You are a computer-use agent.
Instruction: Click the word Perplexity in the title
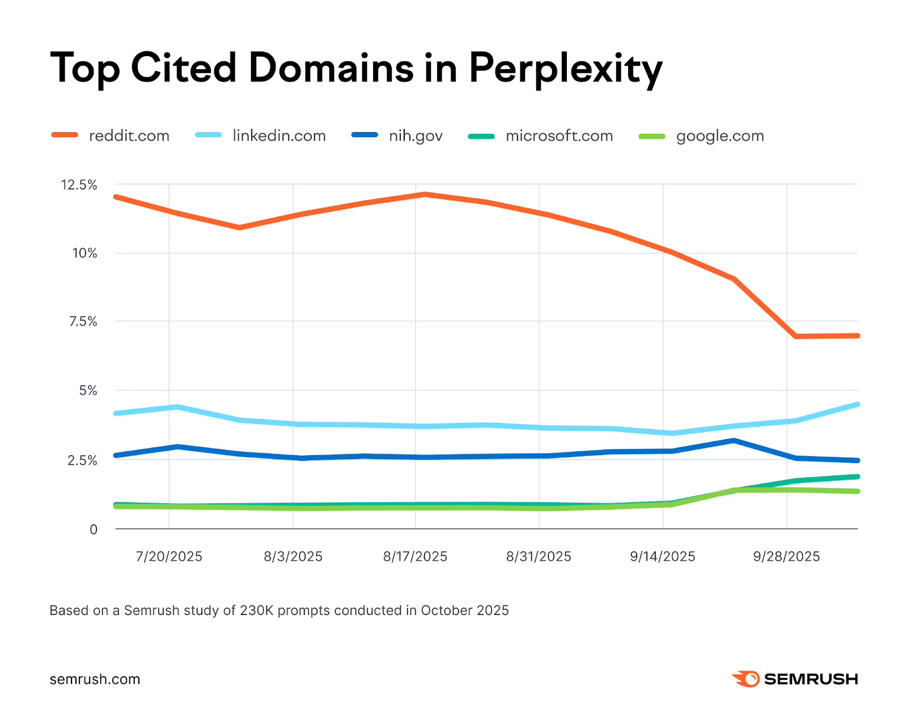pyautogui.click(x=565, y=69)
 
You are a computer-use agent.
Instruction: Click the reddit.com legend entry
pyautogui.click(x=129, y=136)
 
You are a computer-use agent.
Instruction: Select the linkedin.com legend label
pyautogui.click(x=279, y=136)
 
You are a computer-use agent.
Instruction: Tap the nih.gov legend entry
pyautogui.click(x=415, y=136)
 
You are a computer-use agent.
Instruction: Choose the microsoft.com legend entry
pyautogui.click(x=559, y=136)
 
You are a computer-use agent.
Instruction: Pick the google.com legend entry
pyautogui.click(x=719, y=136)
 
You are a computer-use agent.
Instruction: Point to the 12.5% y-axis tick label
pyautogui.click(x=79, y=185)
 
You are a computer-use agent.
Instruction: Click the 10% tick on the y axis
pyautogui.click(x=84, y=253)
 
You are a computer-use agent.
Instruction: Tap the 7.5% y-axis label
pyautogui.click(x=83, y=322)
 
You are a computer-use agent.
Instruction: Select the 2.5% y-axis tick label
pyautogui.click(x=83, y=460)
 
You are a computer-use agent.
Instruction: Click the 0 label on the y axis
pyautogui.click(x=94, y=529)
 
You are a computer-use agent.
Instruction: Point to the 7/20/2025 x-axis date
pyautogui.click(x=169, y=557)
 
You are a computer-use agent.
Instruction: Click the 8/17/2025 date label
pyautogui.click(x=415, y=557)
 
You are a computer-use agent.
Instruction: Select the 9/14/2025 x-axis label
pyautogui.click(x=662, y=557)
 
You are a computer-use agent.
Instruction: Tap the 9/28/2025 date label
pyautogui.click(x=786, y=557)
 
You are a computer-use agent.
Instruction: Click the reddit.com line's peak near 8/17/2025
pyautogui.click(x=425, y=194)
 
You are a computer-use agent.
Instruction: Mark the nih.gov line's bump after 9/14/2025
pyautogui.click(x=734, y=440)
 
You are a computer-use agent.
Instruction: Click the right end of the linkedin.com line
pyautogui.click(x=857, y=404)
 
